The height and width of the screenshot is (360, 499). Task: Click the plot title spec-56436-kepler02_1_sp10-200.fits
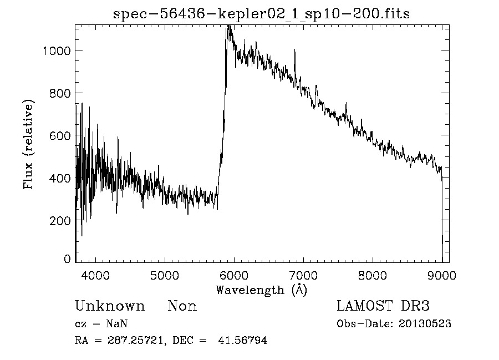(x=261, y=14)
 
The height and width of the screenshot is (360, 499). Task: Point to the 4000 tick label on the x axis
(x=96, y=275)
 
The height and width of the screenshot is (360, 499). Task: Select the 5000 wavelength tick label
(x=165, y=275)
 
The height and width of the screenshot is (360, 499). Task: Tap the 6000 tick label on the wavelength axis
(x=234, y=275)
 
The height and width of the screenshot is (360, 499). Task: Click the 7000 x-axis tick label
(x=303, y=275)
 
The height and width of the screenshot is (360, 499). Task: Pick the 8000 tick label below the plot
(x=373, y=275)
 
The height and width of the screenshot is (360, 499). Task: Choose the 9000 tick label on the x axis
(x=442, y=275)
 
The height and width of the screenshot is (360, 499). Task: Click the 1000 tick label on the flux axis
(x=57, y=50)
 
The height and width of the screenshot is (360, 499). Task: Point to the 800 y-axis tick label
(x=60, y=93)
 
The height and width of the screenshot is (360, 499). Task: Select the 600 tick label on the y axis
(x=60, y=135)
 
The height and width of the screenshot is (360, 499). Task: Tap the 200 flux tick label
(x=60, y=220)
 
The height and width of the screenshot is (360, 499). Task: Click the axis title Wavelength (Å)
(x=261, y=290)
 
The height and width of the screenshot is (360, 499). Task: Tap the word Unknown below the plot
(x=110, y=306)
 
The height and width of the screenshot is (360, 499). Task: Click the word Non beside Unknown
(x=182, y=306)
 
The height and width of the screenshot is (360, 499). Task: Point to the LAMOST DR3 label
(x=383, y=306)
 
